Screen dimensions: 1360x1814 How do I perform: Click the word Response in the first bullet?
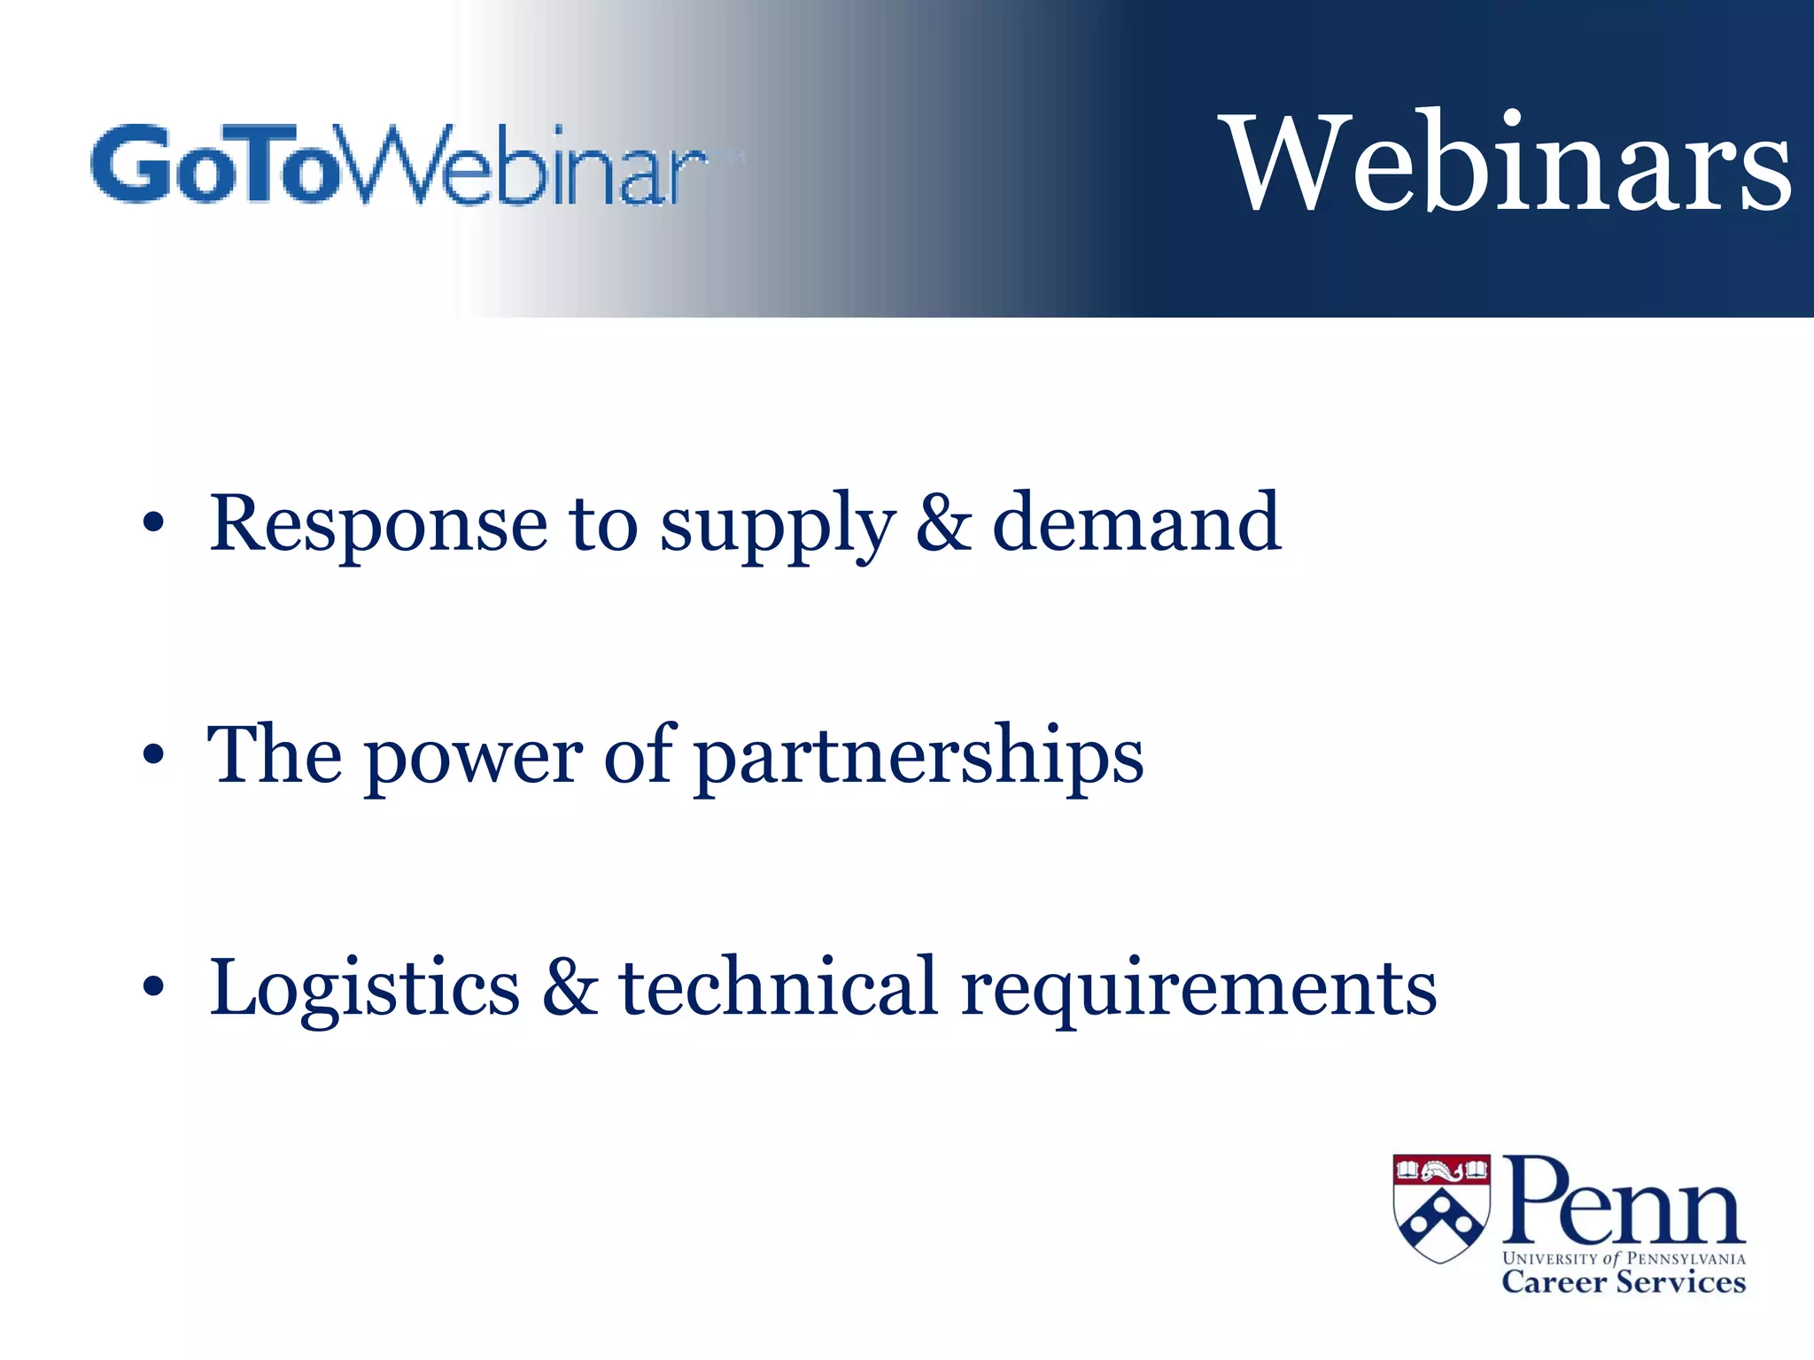click(378, 524)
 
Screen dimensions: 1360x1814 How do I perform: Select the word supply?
click(778, 526)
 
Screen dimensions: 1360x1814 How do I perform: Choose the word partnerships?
click(919, 756)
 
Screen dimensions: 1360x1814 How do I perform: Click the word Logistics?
click(364, 988)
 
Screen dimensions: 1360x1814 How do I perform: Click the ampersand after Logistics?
click(570, 988)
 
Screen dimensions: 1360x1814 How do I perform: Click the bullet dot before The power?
click(153, 755)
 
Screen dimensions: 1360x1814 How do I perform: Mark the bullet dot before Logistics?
click(153, 986)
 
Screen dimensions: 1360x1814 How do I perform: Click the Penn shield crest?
click(1441, 1208)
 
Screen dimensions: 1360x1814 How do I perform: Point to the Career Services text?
click(1623, 1282)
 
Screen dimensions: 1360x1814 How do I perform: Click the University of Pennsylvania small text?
click(1623, 1258)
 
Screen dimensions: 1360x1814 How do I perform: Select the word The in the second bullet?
click(274, 754)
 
